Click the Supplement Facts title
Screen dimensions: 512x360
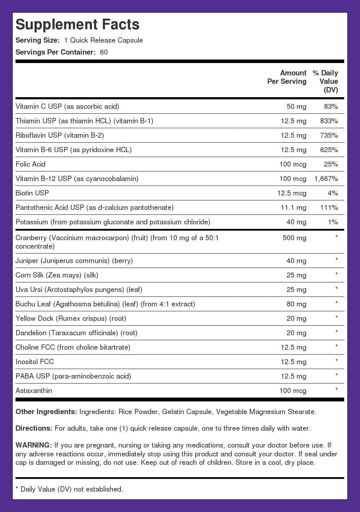pos(77,24)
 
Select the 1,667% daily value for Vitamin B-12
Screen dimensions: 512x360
pos(326,179)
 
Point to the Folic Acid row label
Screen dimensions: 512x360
pos(31,164)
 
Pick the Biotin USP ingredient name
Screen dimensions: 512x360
pos(32,193)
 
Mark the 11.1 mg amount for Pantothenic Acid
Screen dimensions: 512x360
pos(293,207)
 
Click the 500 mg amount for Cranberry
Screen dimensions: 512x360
pos(294,238)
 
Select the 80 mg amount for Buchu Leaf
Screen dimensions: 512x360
pos(296,304)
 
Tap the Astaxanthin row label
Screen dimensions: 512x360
pos(34,391)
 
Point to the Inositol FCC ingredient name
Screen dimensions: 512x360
pos(35,362)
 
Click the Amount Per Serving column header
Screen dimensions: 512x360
pos(287,77)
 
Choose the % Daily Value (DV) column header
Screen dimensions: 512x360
pos(325,81)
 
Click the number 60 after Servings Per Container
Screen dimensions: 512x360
pos(104,52)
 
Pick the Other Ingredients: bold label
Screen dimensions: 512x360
pos(46,412)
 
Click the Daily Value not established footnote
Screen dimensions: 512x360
pos(69,489)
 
